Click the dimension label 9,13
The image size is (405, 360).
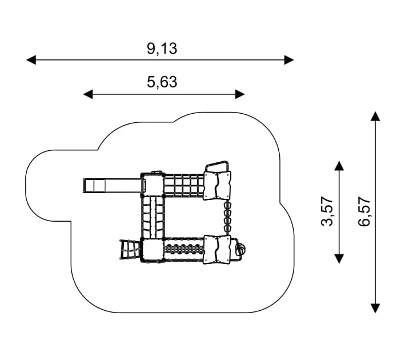click(162, 49)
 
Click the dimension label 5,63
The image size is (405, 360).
click(162, 82)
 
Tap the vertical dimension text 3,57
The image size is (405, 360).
click(327, 212)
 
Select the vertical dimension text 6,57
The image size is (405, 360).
click(364, 212)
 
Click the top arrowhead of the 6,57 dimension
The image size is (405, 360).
click(375, 116)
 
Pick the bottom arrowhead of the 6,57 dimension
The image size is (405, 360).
click(375, 308)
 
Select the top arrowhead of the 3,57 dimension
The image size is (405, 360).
click(339, 166)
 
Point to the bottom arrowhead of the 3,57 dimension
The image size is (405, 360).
click(339, 258)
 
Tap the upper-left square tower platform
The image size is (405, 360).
click(153, 185)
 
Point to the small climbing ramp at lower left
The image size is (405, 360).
click(129, 250)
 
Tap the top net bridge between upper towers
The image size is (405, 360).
click(184, 186)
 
